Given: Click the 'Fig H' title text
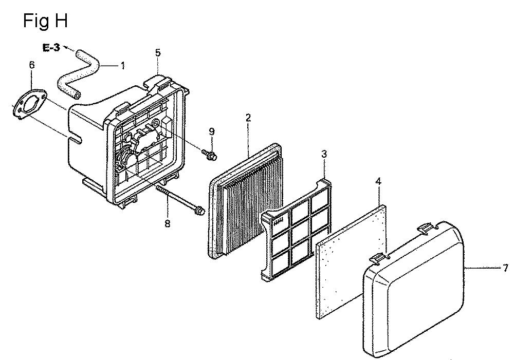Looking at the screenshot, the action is (x=46, y=21).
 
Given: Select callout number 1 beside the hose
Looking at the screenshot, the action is (x=123, y=66).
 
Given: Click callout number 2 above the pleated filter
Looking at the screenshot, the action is (x=248, y=118).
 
